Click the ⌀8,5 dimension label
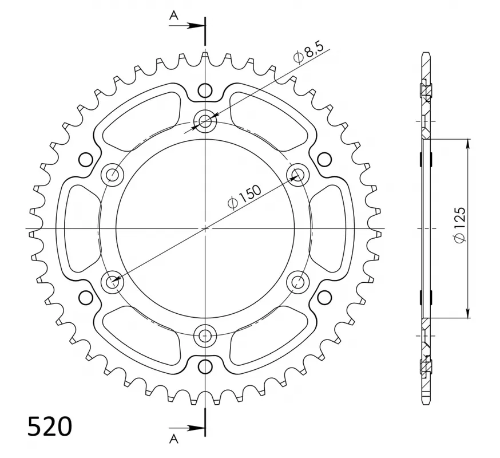(x=308, y=52)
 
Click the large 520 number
(x=50, y=427)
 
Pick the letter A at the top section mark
(x=173, y=15)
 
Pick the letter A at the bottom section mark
(x=173, y=439)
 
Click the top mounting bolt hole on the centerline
(x=205, y=121)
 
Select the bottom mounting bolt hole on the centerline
(x=205, y=335)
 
